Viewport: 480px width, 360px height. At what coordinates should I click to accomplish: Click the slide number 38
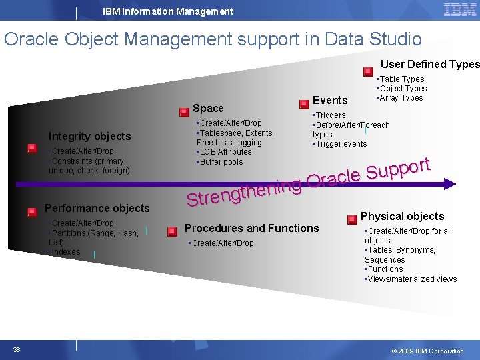point(16,350)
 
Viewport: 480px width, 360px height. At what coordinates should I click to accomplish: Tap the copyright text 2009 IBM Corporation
point(427,351)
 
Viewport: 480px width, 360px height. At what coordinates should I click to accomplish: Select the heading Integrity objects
point(89,136)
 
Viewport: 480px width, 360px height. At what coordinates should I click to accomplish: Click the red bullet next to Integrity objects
point(31,149)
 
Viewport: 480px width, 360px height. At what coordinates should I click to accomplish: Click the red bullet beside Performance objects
point(31,212)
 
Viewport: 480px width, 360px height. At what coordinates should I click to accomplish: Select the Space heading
point(208,108)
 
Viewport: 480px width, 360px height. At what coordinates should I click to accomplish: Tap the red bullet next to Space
point(184,113)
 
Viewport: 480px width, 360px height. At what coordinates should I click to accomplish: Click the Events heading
point(330,100)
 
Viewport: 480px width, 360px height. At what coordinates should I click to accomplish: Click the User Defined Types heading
point(430,64)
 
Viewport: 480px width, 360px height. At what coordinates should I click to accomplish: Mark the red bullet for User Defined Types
point(368,71)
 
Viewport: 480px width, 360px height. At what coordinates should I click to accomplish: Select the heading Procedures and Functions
point(251,228)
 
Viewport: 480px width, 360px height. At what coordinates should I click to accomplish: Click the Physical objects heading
point(402,216)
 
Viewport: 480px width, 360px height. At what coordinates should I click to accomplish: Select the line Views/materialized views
point(411,279)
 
